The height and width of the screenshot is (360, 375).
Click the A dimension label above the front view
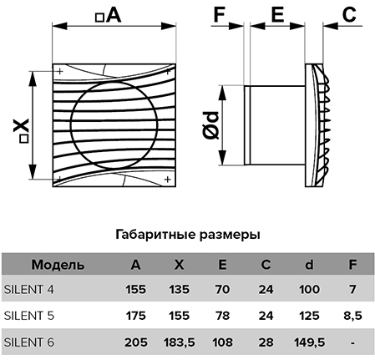coord(109,15)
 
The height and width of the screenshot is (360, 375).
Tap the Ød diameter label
coord(211,125)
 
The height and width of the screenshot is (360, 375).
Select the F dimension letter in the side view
coord(219,14)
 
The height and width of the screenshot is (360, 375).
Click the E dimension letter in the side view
coord(277,14)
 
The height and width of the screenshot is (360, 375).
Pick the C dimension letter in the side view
coord(349,14)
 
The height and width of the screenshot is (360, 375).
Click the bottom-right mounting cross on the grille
coord(167,180)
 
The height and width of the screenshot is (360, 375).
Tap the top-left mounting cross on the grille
coord(60,71)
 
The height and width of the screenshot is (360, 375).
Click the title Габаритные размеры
coord(188,235)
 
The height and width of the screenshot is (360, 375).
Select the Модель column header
coord(58,265)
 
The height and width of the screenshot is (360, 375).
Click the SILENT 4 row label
coord(29,290)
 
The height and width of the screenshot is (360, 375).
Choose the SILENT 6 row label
coord(29,342)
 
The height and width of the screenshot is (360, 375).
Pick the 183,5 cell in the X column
coord(180,342)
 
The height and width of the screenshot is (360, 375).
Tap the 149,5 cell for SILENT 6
coord(309,342)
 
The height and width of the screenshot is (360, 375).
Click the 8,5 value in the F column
coord(352,316)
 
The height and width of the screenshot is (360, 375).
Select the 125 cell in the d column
coord(309,316)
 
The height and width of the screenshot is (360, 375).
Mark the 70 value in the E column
coord(222,290)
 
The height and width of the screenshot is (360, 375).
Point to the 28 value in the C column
coord(266,342)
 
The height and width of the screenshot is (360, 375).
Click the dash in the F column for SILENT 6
coord(352,343)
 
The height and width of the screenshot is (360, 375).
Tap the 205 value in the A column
coord(136,342)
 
